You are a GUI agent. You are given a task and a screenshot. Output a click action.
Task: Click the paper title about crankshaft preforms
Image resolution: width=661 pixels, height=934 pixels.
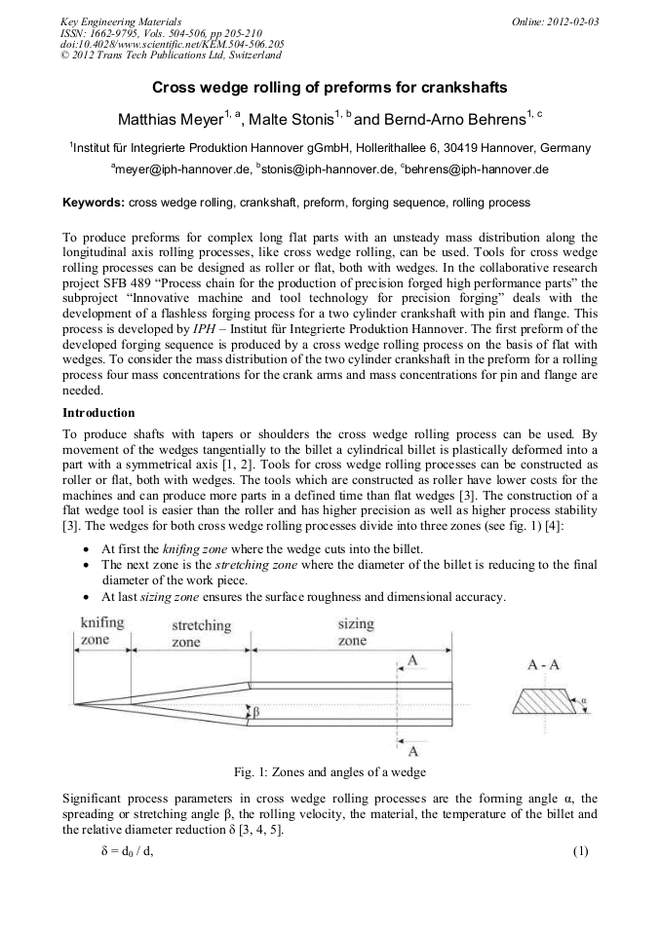coord(330,88)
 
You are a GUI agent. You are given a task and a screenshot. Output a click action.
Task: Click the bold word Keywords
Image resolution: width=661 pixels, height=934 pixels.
coord(93,203)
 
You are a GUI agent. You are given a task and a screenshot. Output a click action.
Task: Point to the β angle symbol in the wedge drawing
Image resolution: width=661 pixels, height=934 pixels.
coord(256,713)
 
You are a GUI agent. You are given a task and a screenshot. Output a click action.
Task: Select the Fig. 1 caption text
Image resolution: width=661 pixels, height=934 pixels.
coord(330,772)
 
